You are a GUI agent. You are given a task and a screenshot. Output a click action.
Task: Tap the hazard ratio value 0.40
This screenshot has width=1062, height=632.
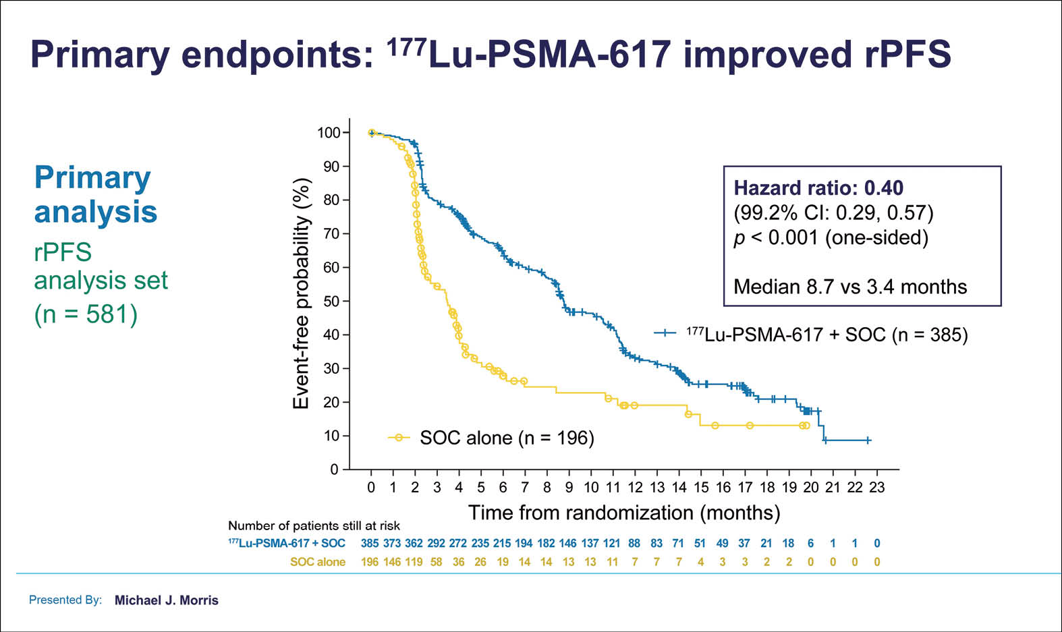[884, 188]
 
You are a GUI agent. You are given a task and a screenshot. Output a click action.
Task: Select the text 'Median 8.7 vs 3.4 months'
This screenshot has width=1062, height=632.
[850, 287]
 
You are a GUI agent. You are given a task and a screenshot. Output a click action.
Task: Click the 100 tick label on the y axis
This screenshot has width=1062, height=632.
[329, 133]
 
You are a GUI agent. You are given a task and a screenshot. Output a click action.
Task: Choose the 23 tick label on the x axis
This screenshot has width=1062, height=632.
[876, 487]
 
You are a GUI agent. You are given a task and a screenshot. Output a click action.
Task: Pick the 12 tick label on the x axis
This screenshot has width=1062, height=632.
[635, 487]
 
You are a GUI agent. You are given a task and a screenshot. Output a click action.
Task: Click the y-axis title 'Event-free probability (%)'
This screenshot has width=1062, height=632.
[301, 293]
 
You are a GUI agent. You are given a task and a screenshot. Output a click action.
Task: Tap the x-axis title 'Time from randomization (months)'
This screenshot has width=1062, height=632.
[624, 513]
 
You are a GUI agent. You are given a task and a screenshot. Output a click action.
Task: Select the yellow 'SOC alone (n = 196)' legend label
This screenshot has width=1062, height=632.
[507, 438]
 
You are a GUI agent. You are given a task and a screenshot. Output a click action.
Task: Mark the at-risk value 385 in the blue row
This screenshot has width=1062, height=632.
[370, 543]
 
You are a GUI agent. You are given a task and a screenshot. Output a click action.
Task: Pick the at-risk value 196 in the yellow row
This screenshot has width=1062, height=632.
[370, 562]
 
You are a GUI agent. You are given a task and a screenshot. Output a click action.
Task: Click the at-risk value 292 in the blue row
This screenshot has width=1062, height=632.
[436, 543]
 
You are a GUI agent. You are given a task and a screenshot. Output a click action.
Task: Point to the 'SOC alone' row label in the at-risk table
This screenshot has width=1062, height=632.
[318, 562]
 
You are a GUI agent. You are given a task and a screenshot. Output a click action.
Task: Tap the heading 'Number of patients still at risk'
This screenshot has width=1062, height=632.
[314, 525]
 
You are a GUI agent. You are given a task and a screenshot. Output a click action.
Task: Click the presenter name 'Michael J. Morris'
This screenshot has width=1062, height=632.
[167, 600]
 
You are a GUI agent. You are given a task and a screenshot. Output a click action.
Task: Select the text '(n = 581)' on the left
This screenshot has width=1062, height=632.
[86, 314]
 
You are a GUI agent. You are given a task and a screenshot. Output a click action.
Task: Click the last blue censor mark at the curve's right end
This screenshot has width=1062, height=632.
[868, 440]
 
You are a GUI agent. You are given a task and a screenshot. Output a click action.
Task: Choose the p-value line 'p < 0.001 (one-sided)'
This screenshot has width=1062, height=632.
[831, 237]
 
